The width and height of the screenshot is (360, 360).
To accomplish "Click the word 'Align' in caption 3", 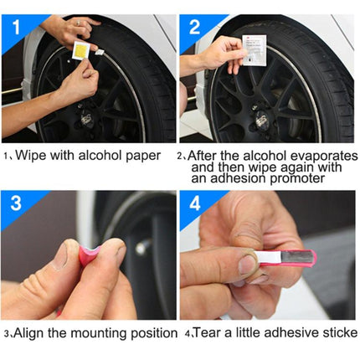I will coord(28,332).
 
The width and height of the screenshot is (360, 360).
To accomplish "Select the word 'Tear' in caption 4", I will coord(207,332).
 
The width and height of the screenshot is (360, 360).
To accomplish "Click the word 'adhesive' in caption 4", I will coord(284,332).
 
